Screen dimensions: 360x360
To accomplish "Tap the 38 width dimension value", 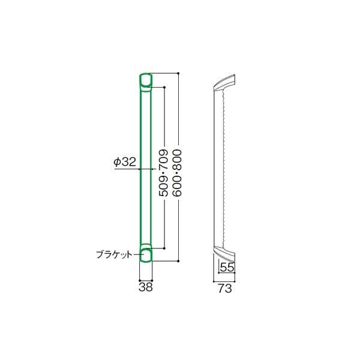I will [146, 287].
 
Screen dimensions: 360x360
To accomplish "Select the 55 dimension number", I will [227, 267].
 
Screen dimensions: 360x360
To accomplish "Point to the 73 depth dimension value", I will [224, 288].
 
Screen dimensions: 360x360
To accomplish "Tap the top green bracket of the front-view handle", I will [145, 80].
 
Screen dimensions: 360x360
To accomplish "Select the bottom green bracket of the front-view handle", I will [146, 254].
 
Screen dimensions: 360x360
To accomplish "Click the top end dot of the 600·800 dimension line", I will [178, 73].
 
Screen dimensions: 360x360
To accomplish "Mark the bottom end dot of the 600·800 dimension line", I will [178, 261].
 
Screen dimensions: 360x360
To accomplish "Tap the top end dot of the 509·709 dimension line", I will [163, 87].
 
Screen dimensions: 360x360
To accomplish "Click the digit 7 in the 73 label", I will [220, 288].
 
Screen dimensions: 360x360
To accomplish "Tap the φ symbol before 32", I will [116, 161].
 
